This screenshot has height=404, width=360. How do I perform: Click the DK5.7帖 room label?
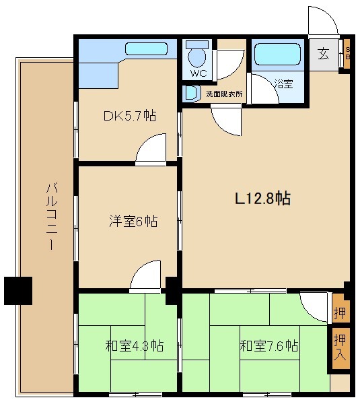click(130, 116)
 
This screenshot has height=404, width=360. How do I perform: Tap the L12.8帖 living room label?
click(262, 199)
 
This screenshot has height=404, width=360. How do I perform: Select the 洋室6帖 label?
click(133, 221)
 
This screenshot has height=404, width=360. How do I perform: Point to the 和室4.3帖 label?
click(134, 346)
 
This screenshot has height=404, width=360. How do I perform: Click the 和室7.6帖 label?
click(269, 346)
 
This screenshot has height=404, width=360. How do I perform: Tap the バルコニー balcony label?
click(50, 215)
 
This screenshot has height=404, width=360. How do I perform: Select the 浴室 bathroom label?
click(283, 84)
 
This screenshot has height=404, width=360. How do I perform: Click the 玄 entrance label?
click(324, 55)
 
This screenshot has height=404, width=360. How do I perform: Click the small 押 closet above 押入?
click(340, 312)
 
